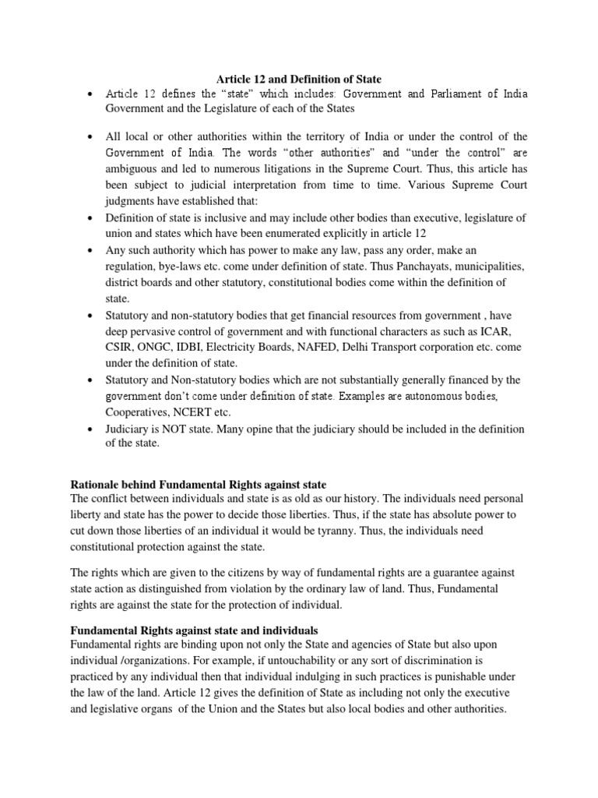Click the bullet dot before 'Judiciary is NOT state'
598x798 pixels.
[x=91, y=429]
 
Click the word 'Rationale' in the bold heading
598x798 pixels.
[x=97, y=482]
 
